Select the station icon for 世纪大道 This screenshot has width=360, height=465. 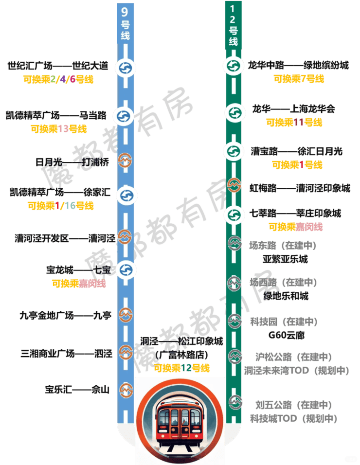[125, 67]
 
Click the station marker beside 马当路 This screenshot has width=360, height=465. [124, 116]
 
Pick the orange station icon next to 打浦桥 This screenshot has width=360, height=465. [125, 161]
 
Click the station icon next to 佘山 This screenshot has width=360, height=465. [126, 390]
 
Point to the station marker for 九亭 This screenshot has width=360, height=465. [126, 314]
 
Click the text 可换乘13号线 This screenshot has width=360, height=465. [58, 129]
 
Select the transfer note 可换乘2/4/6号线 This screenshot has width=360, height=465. [58, 79]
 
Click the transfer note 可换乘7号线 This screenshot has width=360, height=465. [298, 79]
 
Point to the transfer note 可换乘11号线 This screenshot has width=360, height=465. [294, 123]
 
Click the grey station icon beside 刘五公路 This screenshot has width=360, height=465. [235, 402]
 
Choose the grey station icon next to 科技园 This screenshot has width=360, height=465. [235, 320]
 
